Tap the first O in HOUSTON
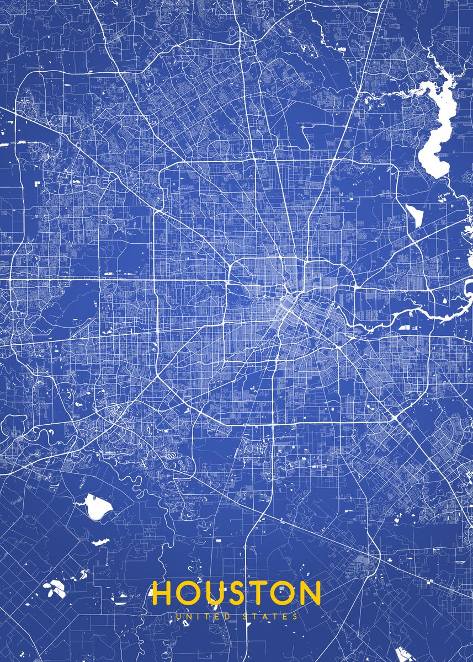pos(190,593)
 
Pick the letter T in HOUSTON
pos(263,593)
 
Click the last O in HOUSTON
pos(285,593)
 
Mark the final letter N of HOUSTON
pos(311,593)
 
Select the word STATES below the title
pos(270,616)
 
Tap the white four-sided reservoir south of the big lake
pos(414,215)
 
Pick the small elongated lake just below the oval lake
pos(100,542)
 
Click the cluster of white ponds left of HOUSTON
pos(55,588)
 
